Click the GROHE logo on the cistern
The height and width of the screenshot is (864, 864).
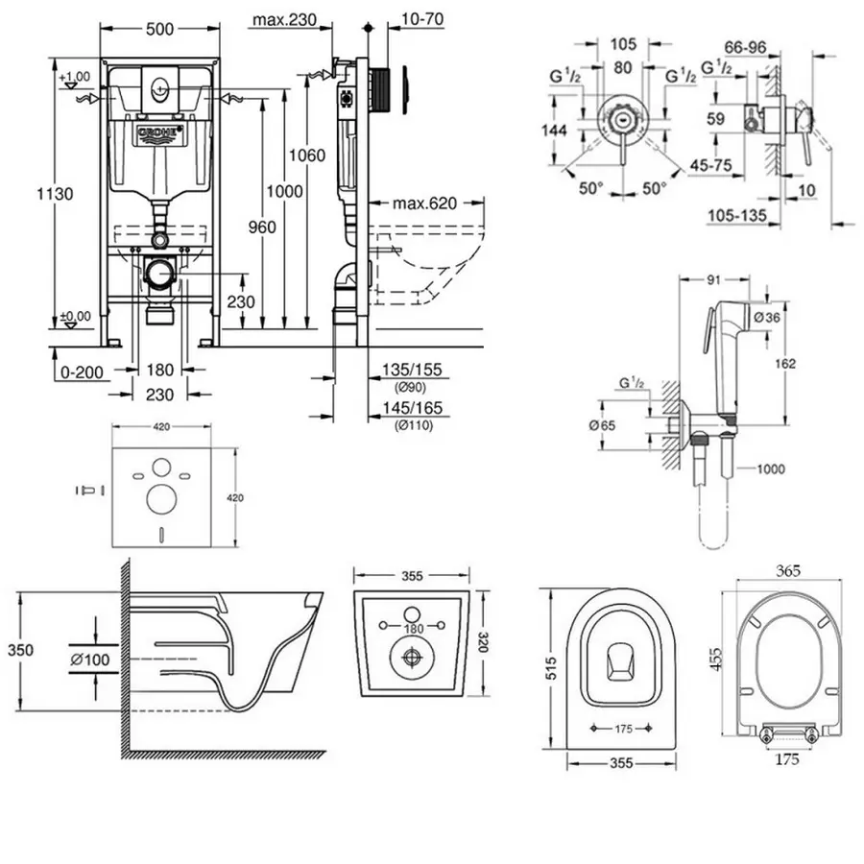(x=159, y=133)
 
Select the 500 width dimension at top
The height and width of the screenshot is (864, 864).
(x=159, y=30)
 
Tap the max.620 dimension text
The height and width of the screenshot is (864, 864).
(x=424, y=204)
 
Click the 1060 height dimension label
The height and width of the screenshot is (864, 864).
(x=310, y=155)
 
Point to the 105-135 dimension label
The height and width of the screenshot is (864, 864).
(x=739, y=217)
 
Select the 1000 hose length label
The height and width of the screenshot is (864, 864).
(x=770, y=468)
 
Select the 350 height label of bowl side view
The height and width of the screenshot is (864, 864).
(x=20, y=651)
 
